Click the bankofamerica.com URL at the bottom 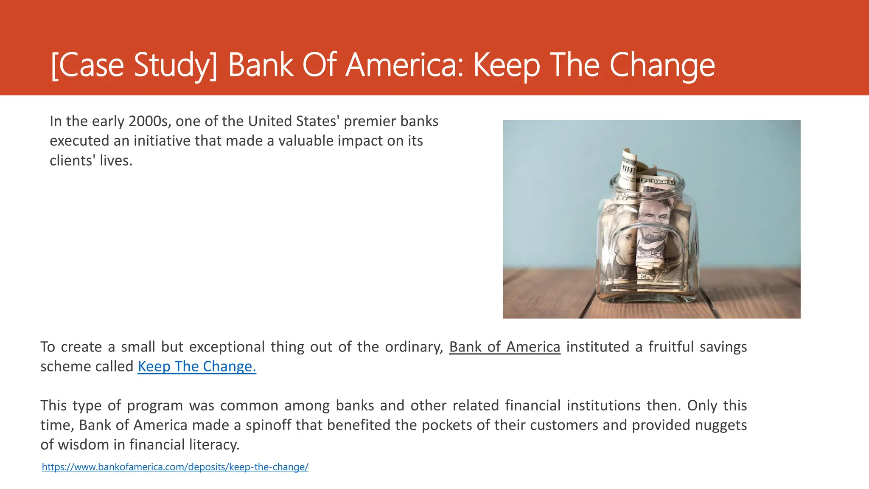tap(175, 467)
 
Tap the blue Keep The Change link tap(197, 366)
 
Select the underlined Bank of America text tap(505, 347)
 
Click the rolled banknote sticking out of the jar tap(628, 168)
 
